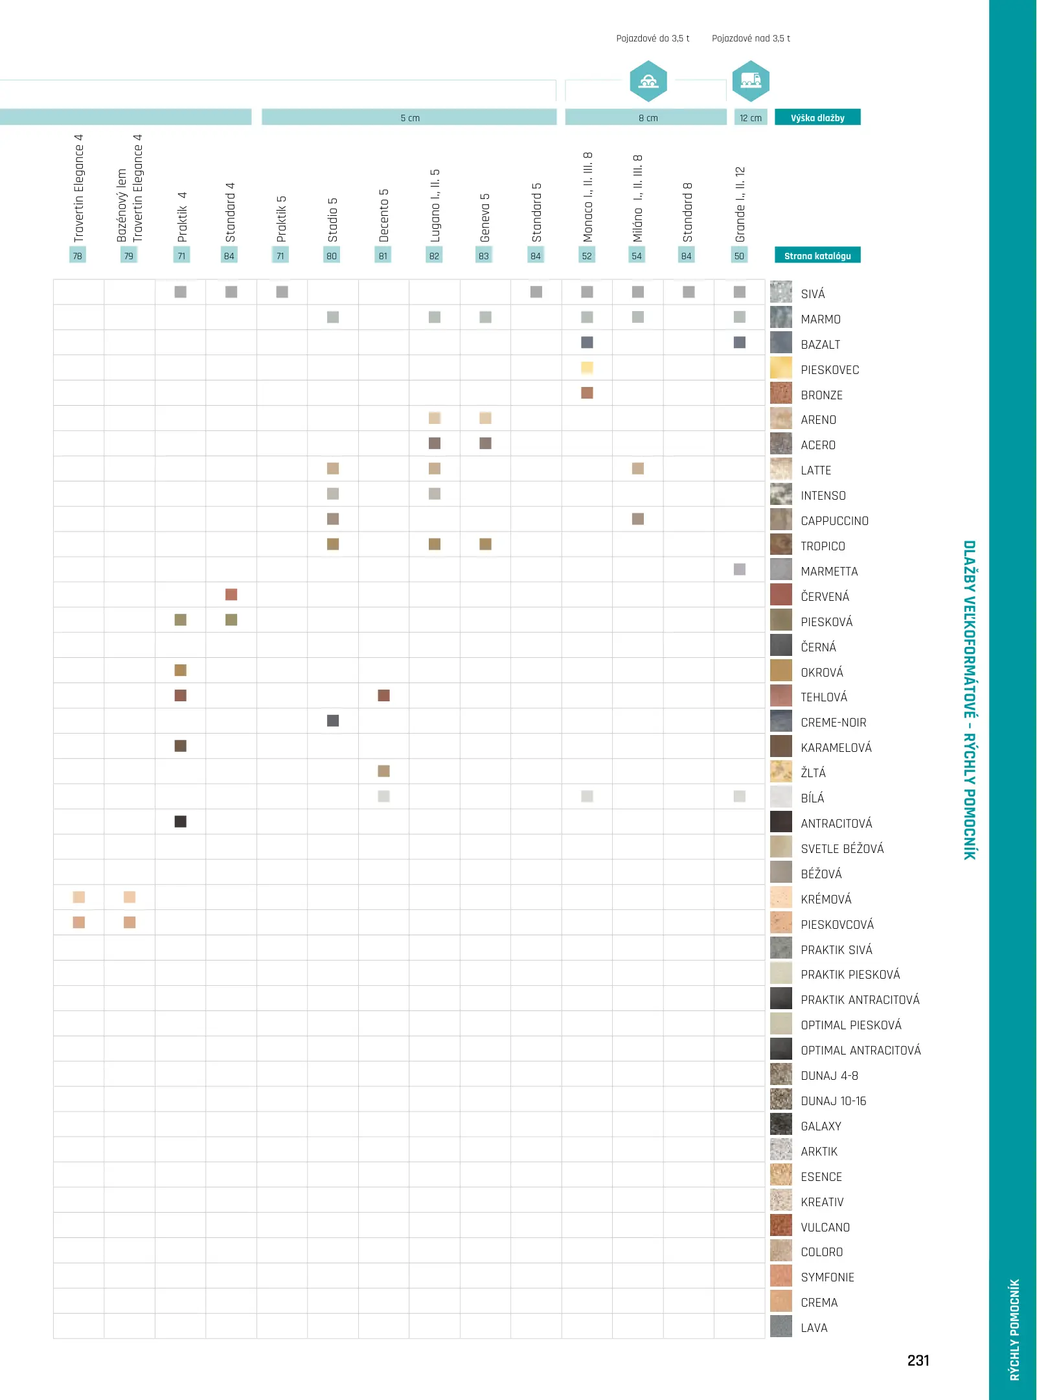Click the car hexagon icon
pos(648,81)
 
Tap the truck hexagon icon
pos(751,81)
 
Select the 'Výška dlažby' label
pos(817,117)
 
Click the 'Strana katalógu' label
pos(817,255)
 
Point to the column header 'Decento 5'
pos(383,215)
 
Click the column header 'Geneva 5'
pos(485,217)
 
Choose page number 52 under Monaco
pos(587,255)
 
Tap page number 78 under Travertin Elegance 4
pos(78,255)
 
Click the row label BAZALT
pos(820,344)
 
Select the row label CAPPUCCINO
pos(834,520)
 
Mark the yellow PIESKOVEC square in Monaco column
pos(587,367)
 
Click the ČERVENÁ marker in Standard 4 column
pos(231,594)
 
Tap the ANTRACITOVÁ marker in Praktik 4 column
pos(181,821)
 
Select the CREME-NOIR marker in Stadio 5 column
pos(333,720)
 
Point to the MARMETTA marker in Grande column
pos(739,569)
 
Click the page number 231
pos(918,1360)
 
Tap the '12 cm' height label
pos(751,117)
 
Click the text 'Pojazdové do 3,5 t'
pos(652,38)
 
